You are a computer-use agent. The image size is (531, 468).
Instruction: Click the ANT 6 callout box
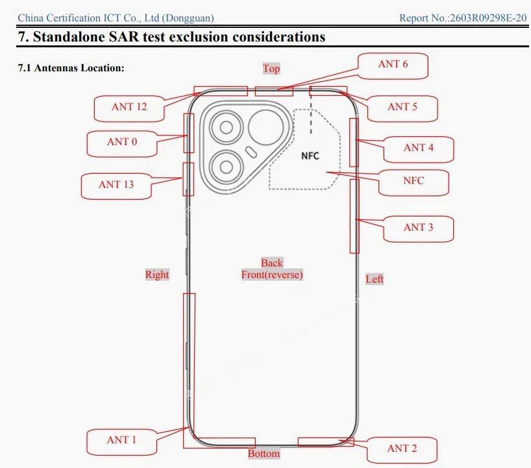[x=393, y=66]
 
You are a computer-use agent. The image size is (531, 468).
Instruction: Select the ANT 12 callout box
[x=129, y=108]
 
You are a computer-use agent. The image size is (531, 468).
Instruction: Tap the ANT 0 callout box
[x=122, y=144]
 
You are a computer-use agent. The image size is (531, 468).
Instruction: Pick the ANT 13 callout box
[x=116, y=186]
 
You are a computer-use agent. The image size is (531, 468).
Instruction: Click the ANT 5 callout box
[x=402, y=108]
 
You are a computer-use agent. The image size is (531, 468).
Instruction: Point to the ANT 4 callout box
[x=419, y=150]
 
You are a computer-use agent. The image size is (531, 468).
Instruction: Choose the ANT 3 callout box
[x=418, y=229]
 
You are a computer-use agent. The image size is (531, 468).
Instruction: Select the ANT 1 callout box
[x=121, y=442]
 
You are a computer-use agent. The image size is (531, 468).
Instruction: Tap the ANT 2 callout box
[x=402, y=450]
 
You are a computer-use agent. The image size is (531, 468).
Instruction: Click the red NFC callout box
[x=414, y=183]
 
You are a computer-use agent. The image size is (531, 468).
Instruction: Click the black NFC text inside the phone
[x=310, y=156]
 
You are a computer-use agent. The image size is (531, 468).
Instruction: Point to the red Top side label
[x=271, y=69]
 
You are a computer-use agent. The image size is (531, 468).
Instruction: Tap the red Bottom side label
[x=264, y=454]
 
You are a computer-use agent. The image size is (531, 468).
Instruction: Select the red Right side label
[x=157, y=274]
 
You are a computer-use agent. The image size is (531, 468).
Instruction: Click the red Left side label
[x=375, y=279]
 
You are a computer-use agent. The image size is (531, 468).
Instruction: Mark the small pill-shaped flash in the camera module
[x=251, y=152]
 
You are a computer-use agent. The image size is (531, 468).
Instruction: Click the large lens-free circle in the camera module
[x=266, y=128]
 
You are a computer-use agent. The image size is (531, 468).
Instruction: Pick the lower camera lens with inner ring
[x=226, y=167]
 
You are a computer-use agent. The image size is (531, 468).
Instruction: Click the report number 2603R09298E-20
[x=488, y=18]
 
